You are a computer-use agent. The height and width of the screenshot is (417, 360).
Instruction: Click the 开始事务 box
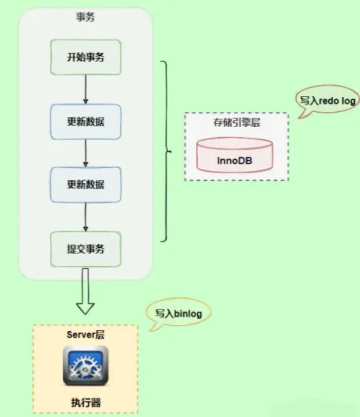pyautogui.click(x=86, y=57)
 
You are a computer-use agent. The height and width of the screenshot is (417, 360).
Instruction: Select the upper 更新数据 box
pyautogui.click(x=86, y=122)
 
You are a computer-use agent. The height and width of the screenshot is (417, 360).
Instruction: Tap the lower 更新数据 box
pyautogui.click(x=86, y=185)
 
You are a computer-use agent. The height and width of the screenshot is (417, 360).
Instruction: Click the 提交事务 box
pyautogui.click(x=86, y=249)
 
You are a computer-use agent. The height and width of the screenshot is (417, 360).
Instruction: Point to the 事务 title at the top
pyautogui.click(x=86, y=17)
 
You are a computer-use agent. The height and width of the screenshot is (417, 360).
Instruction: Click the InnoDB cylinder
pyautogui.click(x=235, y=155)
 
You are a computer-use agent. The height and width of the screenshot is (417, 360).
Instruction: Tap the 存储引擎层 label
pyautogui.click(x=237, y=122)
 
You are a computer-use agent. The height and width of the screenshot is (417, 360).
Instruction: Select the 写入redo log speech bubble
pyautogui.click(x=327, y=101)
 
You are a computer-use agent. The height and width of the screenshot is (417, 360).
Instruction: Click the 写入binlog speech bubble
pyautogui.click(x=178, y=313)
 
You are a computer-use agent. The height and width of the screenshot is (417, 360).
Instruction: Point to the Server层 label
pyautogui.click(x=86, y=335)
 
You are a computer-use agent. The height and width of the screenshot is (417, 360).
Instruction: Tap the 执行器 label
pyautogui.click(x=86, y=403)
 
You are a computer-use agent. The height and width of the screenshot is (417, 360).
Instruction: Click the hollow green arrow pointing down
pyautogui.click(x=86, y=291)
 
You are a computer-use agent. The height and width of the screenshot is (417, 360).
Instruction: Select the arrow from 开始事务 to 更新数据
pyautogui.click(x=86, y=89)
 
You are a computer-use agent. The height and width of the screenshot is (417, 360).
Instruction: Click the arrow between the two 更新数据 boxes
pyautogui.click(x=86, y=153)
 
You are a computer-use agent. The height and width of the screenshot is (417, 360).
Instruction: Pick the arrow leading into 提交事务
pyautogui.click(x=86, y=217)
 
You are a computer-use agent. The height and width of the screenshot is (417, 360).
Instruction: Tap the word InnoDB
pyautogui.click(x=235, y=160)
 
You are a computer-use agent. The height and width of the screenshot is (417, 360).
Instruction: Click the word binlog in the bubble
pyautogui.click(x=188, y=314)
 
